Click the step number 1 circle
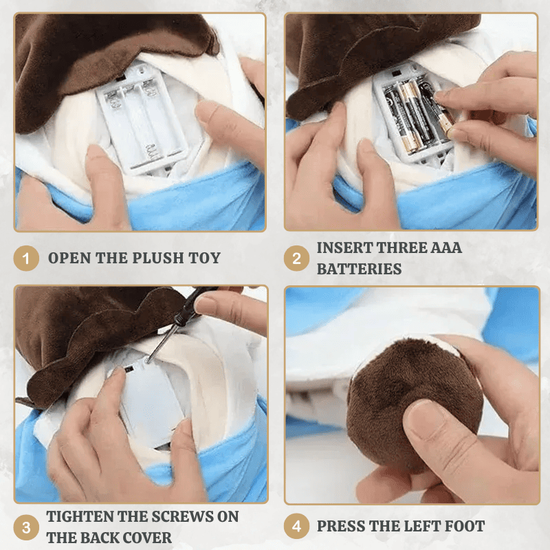click(26, 258)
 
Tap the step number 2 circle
click(296, 258)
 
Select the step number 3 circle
click(26, 527)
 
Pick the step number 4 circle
click(296, 526)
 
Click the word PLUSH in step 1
click(159, 258)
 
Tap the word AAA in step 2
click(445, 247)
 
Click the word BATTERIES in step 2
click(359, 269)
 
